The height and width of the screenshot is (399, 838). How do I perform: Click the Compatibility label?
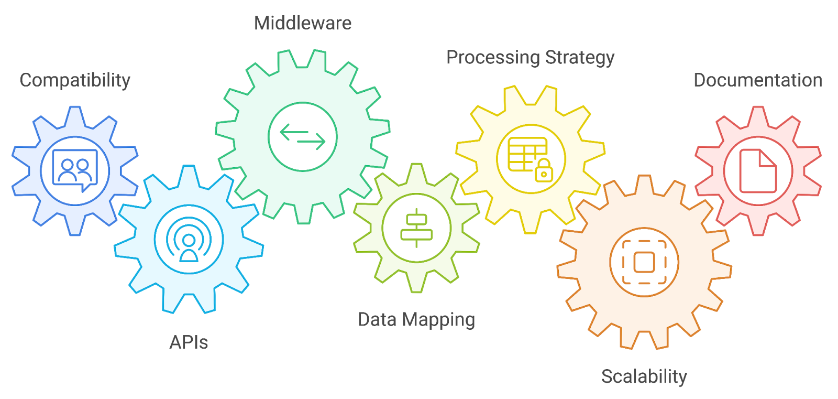click(x=75, y=80)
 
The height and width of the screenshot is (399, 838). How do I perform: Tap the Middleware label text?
click(x=302, y=23)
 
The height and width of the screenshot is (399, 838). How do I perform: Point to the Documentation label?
click(x=757, y=80)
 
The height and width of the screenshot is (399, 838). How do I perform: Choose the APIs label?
click(x=189, y=342)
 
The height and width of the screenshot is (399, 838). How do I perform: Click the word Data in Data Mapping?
click(x=377, y=319)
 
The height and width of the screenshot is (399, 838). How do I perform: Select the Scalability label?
click(x=644, y=376)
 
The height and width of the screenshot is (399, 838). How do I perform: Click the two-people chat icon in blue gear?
click(x=75, y=170)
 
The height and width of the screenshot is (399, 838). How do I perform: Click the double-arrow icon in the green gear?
click(x=302, y=137)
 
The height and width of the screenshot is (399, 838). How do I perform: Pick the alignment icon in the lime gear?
click(x=416, y=228)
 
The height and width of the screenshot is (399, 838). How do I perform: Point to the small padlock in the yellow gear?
click(x=544, y=171)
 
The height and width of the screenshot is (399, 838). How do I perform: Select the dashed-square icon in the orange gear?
click(x=644, y=262)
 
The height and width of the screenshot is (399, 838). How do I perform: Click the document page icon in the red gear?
click(x=757, y=171)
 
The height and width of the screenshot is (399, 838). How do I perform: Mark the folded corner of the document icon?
click(x=769, y=158)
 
